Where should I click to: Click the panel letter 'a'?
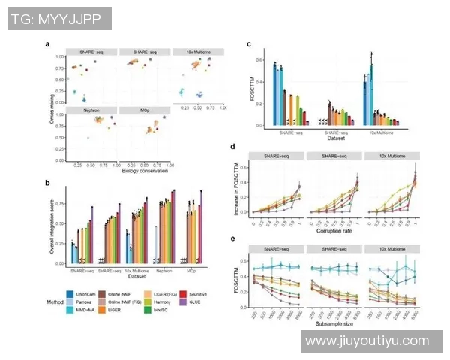pyautogui.click(x=49, y=43)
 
